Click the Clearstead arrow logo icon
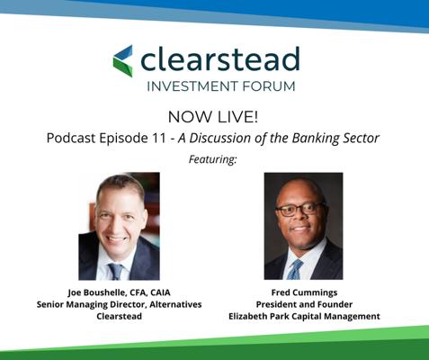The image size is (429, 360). pyautogui.click(x=123, y=61)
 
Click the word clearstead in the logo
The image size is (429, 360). pyautogui.click(x=220, y=58)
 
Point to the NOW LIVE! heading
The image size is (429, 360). pyautogui.click(x=213, y=117)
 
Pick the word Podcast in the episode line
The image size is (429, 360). pyautogui.click(x=71, y=138)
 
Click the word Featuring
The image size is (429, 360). pyautogui.click(x=212, y=159)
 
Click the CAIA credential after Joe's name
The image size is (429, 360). pyautogui.click(x=160, y=292)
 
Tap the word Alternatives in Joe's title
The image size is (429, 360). pyautogui.click(x=175, y=304)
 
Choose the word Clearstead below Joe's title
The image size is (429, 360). pyautogui.click(x=120, y=316)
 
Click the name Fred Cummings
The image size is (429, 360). pyautogui.click(x=304, y=292)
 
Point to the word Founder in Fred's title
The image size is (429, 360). pyautogui.click(x=335, y=304)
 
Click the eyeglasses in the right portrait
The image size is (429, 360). pyautogui.click(x=300, y=209)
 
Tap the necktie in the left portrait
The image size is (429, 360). pyautogui.click(x=116, y=271)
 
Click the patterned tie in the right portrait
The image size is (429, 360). pyautogui.click(x=295, y=270)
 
